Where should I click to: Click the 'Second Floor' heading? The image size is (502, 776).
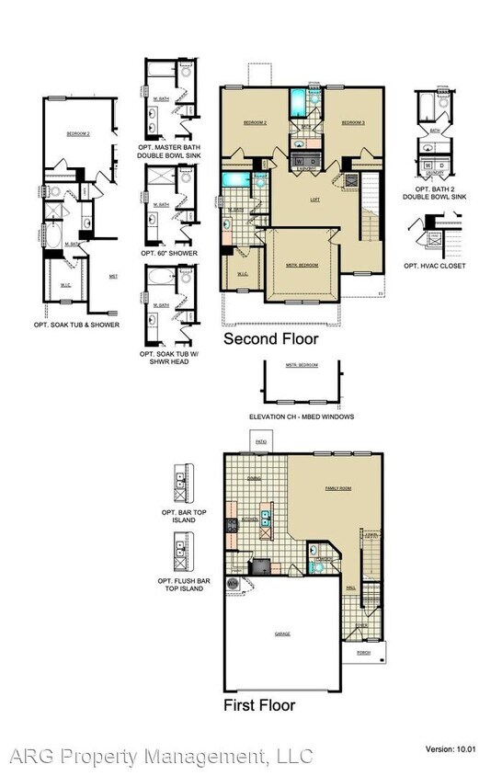coord(271,339)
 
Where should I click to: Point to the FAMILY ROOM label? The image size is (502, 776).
coord(339,489)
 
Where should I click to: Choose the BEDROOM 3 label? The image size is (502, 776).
coord(353,122)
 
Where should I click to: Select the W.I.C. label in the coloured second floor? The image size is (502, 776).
coord(242,273)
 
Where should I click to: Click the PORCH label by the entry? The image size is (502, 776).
coord(361,656)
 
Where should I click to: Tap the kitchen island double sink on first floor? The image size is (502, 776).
coord(265,524)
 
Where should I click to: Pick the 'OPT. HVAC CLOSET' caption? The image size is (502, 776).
coord(434,266)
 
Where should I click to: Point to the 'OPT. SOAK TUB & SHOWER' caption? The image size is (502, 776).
coord(77,325)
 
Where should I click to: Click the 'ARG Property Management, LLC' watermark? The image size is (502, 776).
coord(161,757)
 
